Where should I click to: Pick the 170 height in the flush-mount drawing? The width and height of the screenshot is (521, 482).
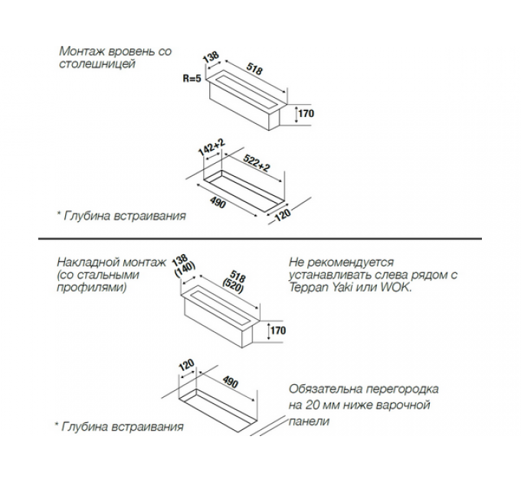click(x=306, y=114)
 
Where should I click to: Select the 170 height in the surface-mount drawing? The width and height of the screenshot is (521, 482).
click(x=277, y=331)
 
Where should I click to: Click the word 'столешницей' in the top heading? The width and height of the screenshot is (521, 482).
click(x=97, y=64)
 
